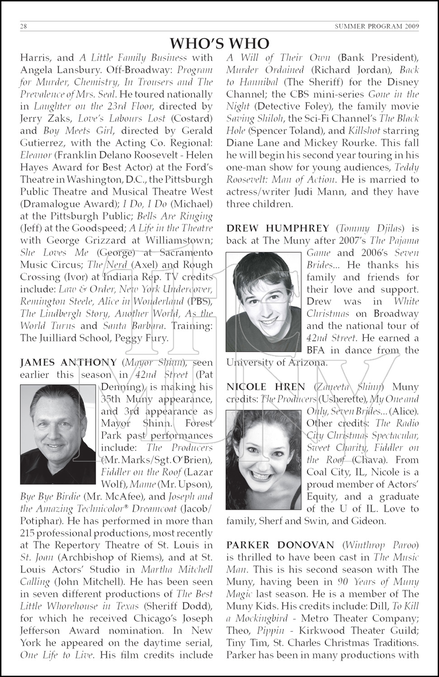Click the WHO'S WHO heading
coord(219,43)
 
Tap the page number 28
coord(24,27)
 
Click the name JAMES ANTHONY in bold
coord(68,362)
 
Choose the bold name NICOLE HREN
coord(266,387)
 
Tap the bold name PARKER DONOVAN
coord(280,545)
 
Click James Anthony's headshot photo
coord(58,434)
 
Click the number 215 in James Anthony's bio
coord(29,533)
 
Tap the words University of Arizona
coord(277,362)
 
